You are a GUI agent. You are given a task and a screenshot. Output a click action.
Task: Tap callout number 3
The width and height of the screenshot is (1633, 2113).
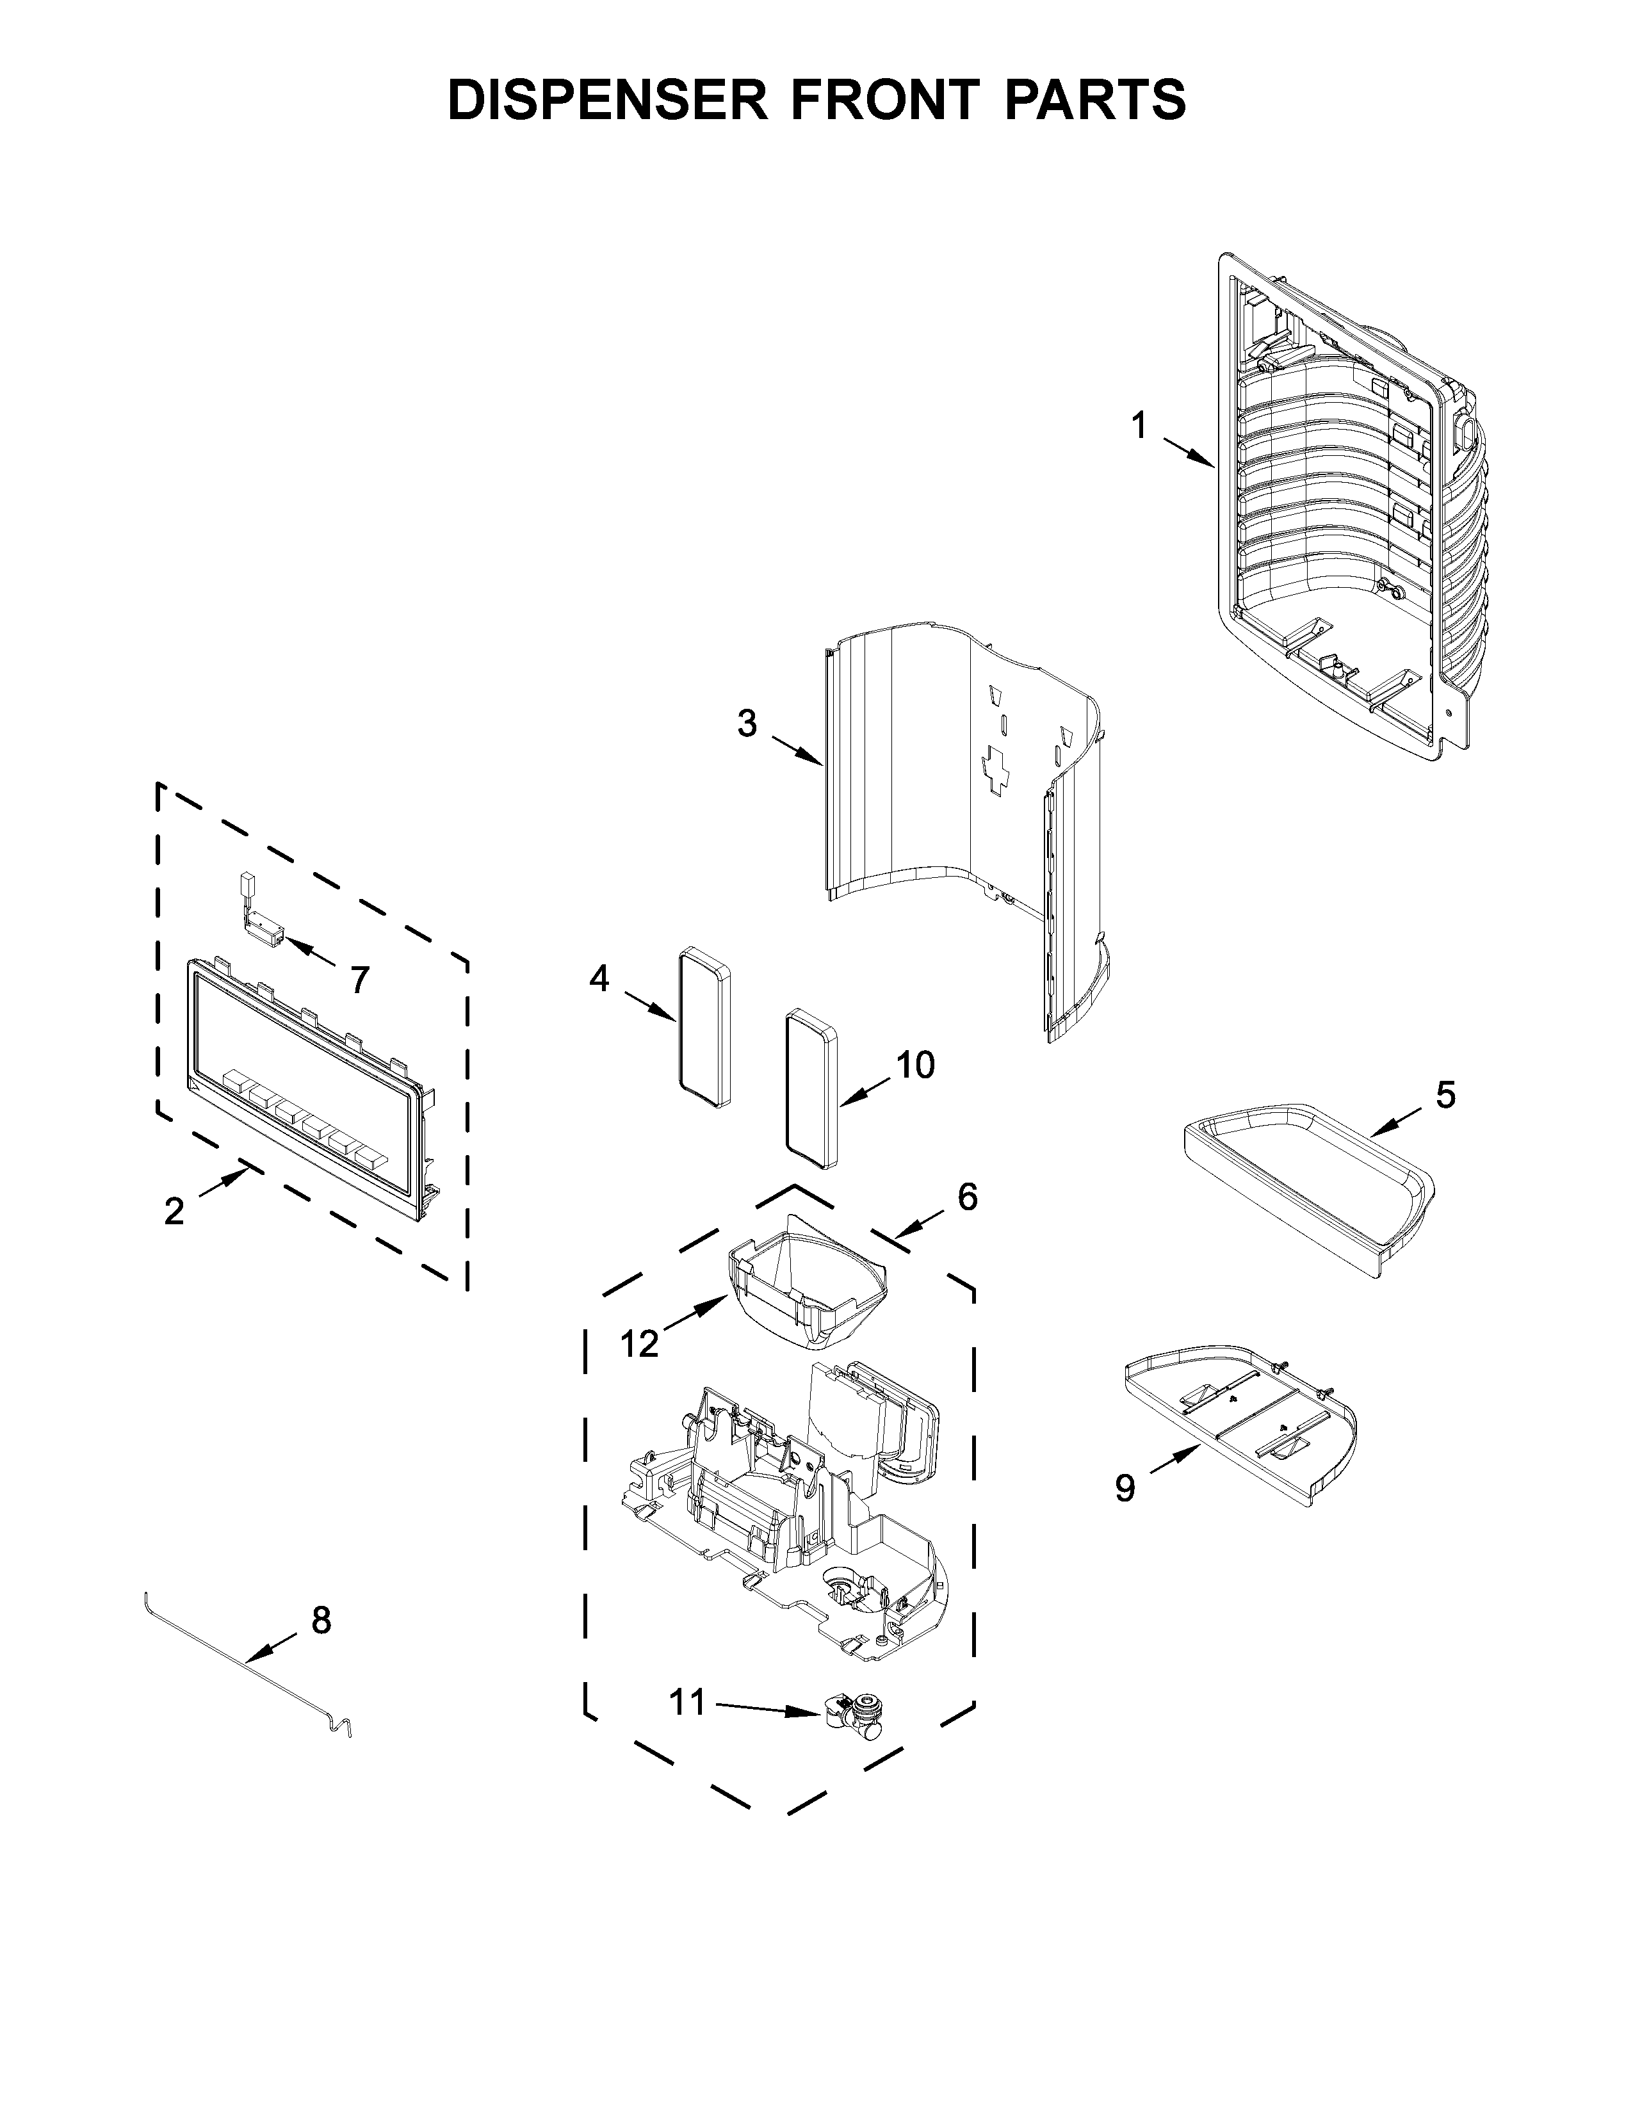pos(747,723)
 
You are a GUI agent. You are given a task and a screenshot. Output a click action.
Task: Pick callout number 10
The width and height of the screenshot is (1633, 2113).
pos(914,1065)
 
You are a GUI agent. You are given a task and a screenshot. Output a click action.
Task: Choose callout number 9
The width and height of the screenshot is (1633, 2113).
pos(1124,1488)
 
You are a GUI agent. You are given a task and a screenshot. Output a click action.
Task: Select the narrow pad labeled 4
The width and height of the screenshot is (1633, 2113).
pos(704,1028)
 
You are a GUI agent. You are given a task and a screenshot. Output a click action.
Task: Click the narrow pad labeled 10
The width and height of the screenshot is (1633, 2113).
pos(811,1089)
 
